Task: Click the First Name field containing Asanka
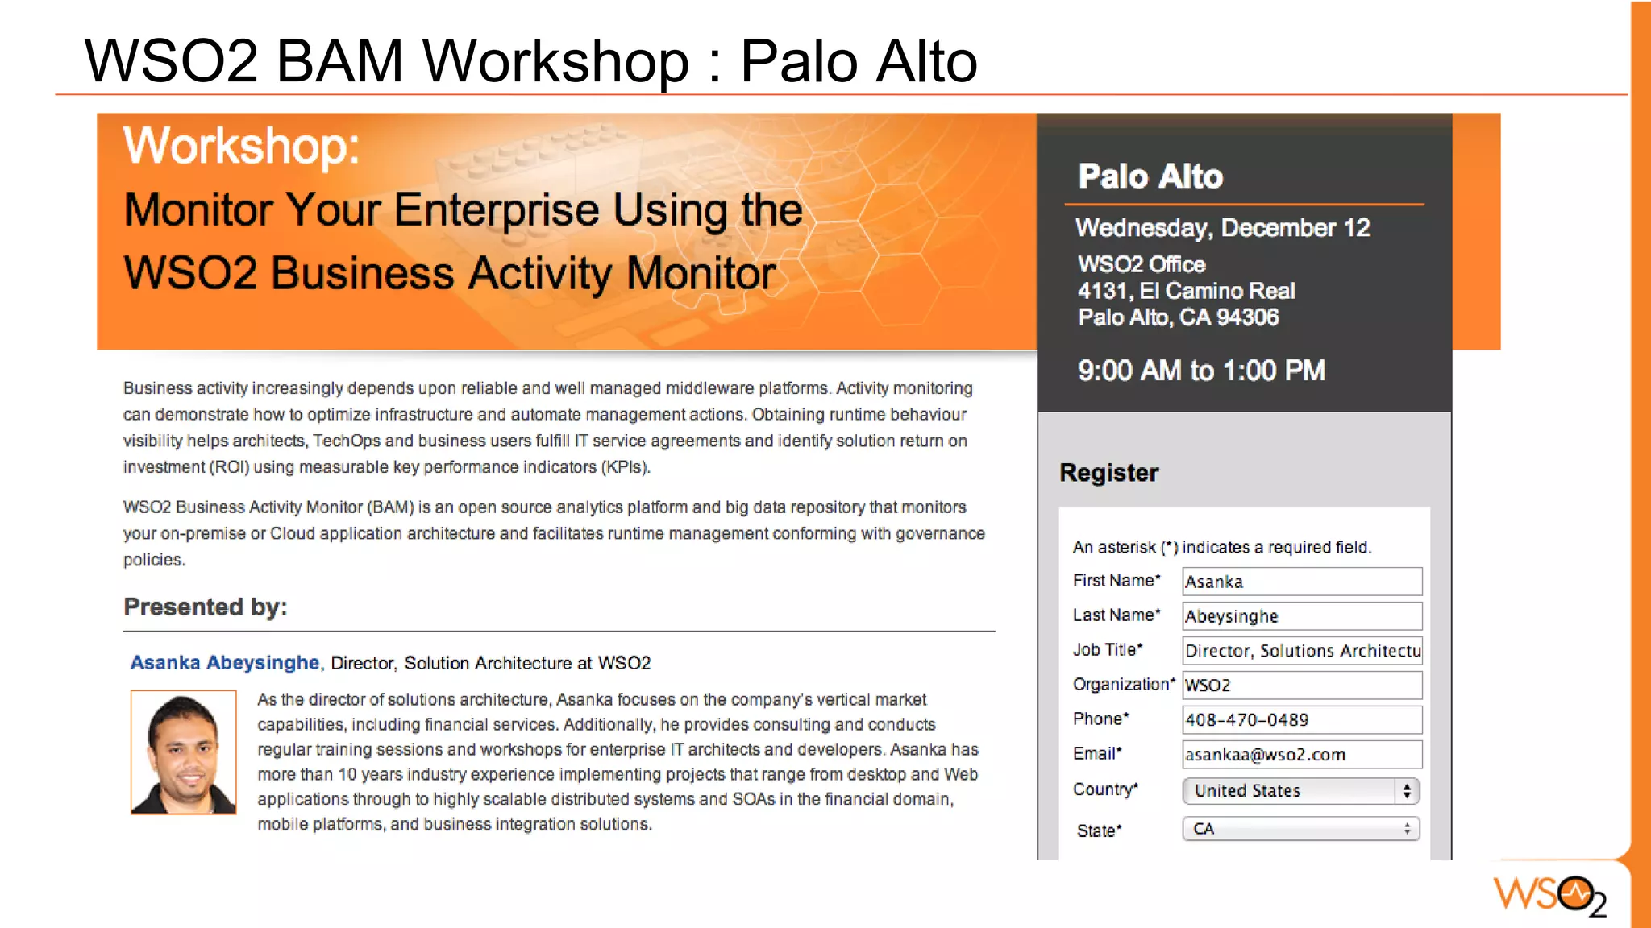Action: pyautogui.click(x=1301, y=582)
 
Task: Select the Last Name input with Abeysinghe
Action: pyautogui.click(x=1301, y=616)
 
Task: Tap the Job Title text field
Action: pyautogui.click(x=1301, y=651)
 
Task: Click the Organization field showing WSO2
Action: pyautogui.click(x=1301, y=686)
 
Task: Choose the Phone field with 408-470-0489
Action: pyautogui.click(x=1301, y=720)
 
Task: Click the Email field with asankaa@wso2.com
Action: pyautogui.click(x=1301, y=755)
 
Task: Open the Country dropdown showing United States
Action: pyautogui.click(x=1300, y=791)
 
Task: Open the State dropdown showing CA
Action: pyautogui.click(x=1300, y=829)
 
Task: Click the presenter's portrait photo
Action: pyautogui.click(x=184, y=752)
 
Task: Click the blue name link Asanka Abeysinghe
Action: pyautogui.click(x=225, y=663)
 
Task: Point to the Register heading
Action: pyautogui.click(x=1108, y=473)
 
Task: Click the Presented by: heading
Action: pyautogui.click(x=206, y=607)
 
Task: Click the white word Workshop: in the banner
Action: pyautogui.click(x=241, y=146)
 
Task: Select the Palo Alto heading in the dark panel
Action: pyautogui.click(x=1150, y=176)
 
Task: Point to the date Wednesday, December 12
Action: pyautogui.click(x=1222, y=228)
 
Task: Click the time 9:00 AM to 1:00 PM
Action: pyautogui.click(x=1201, y=371)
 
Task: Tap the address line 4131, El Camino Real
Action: pyautogui.click(x=1186, y=291)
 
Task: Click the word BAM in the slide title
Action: pyautogui.click(x=339, y=61)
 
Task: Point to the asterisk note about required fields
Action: pyautogui.click(x=1221, y=548)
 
